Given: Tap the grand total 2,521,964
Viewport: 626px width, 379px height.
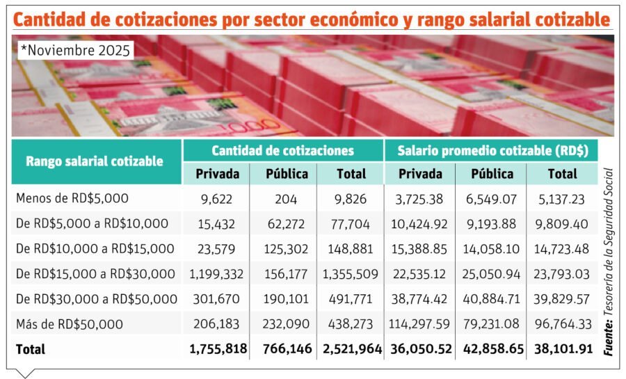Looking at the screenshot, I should (352, 349).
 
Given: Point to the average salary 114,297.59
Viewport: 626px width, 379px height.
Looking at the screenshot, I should (422, 324).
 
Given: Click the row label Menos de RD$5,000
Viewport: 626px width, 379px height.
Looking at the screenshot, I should (72, 199).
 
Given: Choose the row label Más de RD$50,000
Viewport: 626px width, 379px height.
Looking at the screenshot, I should (70, 324).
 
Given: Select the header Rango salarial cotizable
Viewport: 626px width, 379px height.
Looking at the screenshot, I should (95, 161).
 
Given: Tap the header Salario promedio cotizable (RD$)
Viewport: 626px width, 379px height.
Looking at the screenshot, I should (493, 150).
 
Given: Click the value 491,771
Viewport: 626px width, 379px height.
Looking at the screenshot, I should (352, 299).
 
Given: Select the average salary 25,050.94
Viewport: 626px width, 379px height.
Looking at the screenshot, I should (492, 274).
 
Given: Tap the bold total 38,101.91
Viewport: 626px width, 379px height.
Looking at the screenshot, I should (563, 349).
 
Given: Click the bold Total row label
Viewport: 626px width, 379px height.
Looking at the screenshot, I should (30, 349).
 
